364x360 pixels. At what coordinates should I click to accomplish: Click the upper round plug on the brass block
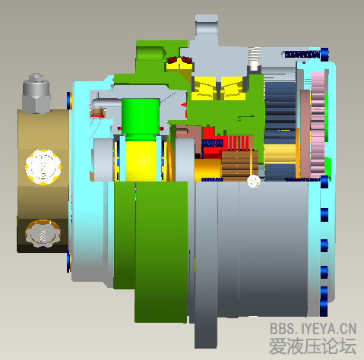click(41, 166)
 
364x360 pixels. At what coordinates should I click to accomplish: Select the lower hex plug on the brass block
click(40, 233)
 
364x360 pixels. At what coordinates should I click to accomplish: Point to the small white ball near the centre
click(254, 181)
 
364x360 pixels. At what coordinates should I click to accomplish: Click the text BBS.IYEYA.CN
click(314, 330)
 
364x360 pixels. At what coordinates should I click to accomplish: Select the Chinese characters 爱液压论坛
click(313, 346)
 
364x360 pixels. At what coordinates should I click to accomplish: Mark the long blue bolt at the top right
click(304, 54)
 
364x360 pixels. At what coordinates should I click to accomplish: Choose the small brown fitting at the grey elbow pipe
click(97, 112)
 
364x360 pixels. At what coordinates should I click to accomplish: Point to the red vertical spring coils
click(242, 141)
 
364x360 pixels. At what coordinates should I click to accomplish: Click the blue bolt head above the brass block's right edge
click(70, 99)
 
